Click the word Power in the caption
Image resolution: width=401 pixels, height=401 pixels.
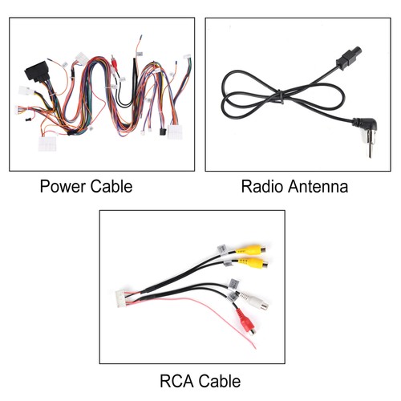click(x=63, y=186)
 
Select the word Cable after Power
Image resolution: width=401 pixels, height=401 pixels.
click(x=111, y=186)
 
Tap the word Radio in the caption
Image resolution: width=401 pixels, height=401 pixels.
click(x=261, y=186)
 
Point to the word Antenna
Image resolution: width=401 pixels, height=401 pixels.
click(x=317, y=186)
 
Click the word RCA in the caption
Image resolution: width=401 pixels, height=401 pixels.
click(x=176, y=381)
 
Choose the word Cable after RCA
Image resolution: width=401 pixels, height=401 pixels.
click(x=219, y=381)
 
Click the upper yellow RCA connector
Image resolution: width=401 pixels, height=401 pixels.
click(x=251, y=249)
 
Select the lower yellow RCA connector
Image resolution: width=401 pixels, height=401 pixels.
click(x=253, y=263)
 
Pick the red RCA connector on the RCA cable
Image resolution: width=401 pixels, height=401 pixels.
click(x=245, y=322)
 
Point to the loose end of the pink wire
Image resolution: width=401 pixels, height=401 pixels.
click(x=255, y=348)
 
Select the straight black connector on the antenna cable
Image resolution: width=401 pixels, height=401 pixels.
click(x=349, y=58)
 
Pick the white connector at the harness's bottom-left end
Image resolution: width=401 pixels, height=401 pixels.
click(x=47, y=144)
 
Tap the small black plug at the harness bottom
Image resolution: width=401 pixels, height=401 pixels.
click(x=162, y=132)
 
